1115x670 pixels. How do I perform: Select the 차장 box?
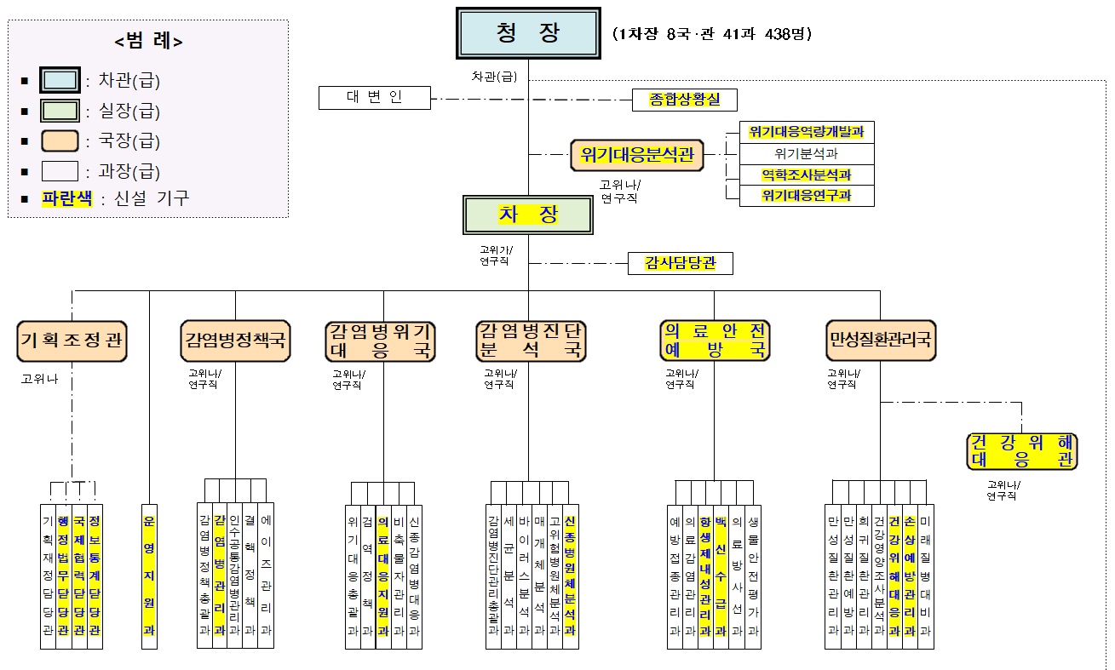(x=528, y=215)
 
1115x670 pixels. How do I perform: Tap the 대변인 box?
(x=374, y=97)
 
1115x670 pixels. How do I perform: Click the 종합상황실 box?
(x=684, y=100)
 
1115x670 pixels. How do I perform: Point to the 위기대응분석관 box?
(x=637, y=156)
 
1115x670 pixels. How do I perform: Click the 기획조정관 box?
(x=72, y=341)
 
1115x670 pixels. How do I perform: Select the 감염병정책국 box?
(x=235, y=341)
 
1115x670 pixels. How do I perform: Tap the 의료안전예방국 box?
(x=715, y=341)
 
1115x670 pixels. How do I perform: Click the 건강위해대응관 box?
(x=1021, y=451)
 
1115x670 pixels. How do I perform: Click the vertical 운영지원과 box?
(x=149, y=576)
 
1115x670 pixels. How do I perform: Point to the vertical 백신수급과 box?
(x=721, y=576)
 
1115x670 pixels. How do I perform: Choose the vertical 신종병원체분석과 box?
(x=570, y=576)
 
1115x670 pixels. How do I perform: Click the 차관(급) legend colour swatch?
(x=60, y=82)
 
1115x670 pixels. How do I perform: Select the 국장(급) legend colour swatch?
(x=60, y=141)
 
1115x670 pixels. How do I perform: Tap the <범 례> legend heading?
(x=148, y=41)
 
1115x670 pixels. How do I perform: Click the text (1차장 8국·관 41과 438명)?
(x=711, y=34)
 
